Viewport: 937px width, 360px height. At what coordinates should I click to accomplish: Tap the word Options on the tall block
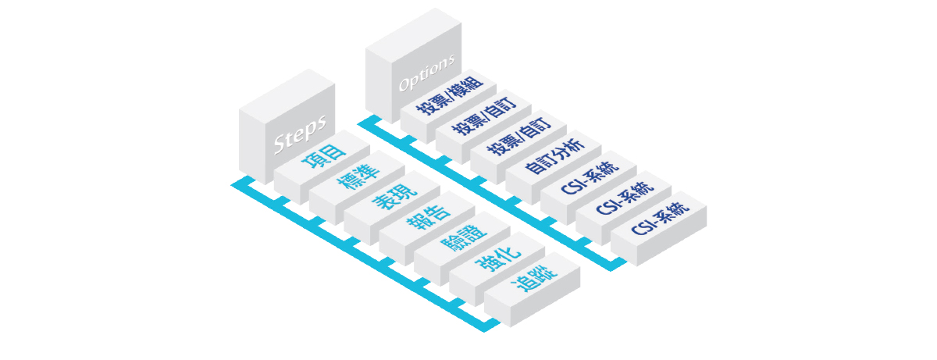point(426,73)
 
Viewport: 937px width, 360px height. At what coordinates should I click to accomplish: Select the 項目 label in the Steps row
point(322,159)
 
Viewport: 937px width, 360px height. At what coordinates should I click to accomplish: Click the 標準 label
point(358,178)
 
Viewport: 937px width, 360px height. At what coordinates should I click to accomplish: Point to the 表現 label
point(393,198)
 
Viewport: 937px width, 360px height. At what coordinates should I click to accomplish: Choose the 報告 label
point(428,217)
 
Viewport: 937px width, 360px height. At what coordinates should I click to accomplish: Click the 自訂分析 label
point(553,155)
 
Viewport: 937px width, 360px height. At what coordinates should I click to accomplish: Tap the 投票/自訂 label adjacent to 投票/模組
point(484,115)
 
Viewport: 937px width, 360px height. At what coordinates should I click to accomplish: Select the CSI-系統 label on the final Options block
point(658,213)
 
